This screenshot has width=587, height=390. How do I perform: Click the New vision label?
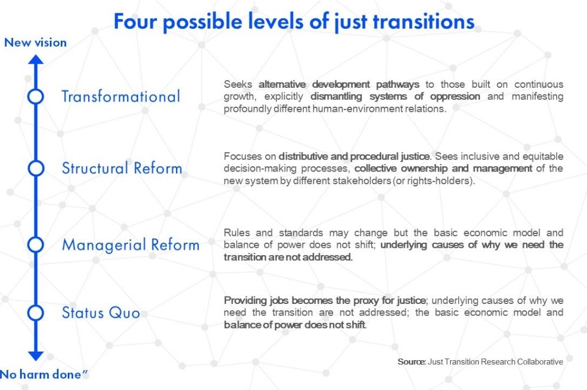coord(36,42)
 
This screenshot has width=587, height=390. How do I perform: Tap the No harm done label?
coord(44,375)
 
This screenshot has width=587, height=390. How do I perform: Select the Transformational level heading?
coord(121,97)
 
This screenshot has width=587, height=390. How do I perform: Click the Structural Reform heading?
coord(122,168)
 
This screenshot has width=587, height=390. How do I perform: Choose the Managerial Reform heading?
coord(131,245)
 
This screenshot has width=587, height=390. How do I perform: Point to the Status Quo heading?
coord(101,313)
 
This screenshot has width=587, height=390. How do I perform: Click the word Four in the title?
coord(135,21)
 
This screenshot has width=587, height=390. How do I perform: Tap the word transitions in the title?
coord(424,21)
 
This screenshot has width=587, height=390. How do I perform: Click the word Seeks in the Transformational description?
coord(238,84)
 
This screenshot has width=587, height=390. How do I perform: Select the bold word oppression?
coord(455,97)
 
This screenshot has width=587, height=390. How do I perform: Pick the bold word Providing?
coord(245,301)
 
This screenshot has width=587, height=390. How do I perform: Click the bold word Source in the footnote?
coord(412,362)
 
